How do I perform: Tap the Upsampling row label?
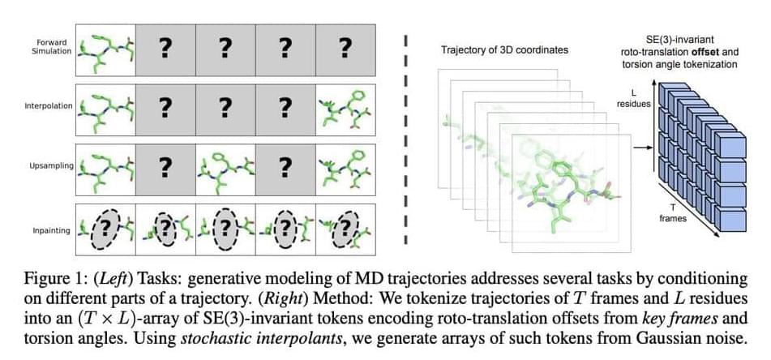point(49,165)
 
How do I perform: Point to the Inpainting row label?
point(50,230)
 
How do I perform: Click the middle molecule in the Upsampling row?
point(225,169)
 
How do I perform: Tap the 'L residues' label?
point(632,98)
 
